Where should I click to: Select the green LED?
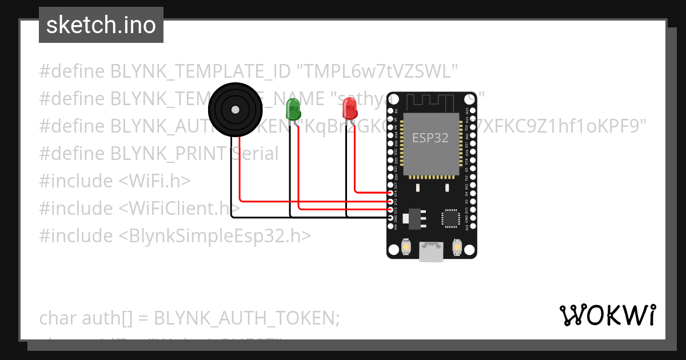pos(293,109)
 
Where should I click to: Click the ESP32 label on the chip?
pos(430,138)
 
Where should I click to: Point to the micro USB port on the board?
pos(431,251)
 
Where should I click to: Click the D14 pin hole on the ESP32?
pos(391,194)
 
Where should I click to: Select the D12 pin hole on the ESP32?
pos(391,202)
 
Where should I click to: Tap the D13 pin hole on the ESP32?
pos(391,210)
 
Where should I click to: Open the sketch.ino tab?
pos(101,25)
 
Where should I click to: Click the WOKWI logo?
pos(607,315)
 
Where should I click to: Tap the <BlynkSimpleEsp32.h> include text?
pos(215,236)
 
